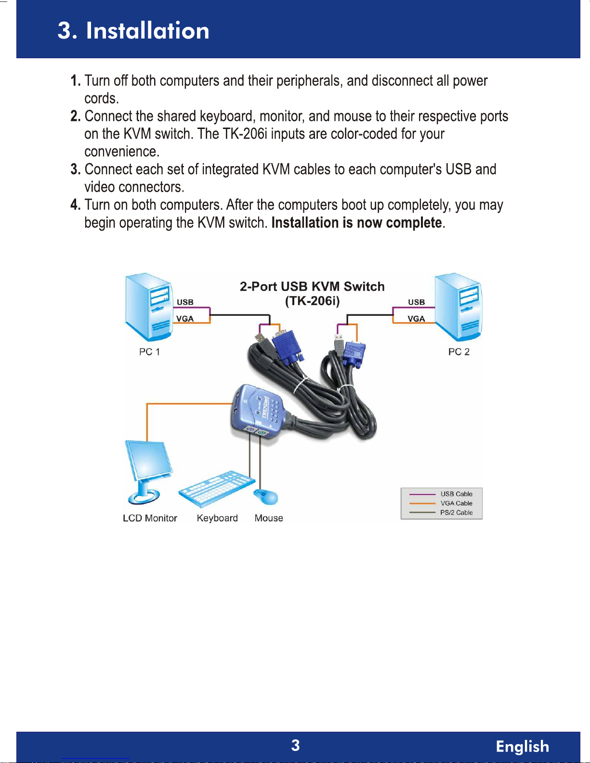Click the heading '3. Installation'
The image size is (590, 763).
133,31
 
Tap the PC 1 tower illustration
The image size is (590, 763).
149,308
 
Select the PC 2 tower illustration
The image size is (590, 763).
459,308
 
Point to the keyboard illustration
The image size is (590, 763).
217,489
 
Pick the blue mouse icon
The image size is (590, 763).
266,496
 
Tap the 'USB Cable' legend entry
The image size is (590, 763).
456,494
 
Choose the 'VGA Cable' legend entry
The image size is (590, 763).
456,503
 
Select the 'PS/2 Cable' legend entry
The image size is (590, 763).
456,513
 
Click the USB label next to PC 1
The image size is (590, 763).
185,302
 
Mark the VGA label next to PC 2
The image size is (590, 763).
416,319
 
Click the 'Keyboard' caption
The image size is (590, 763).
217,518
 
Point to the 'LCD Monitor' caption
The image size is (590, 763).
150,518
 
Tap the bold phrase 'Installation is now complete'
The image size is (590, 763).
356,223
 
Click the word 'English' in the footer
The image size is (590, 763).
523,746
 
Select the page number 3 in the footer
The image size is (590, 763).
295,745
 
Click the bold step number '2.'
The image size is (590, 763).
76,116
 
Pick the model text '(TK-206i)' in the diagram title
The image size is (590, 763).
312,301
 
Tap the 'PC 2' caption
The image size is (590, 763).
459,352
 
